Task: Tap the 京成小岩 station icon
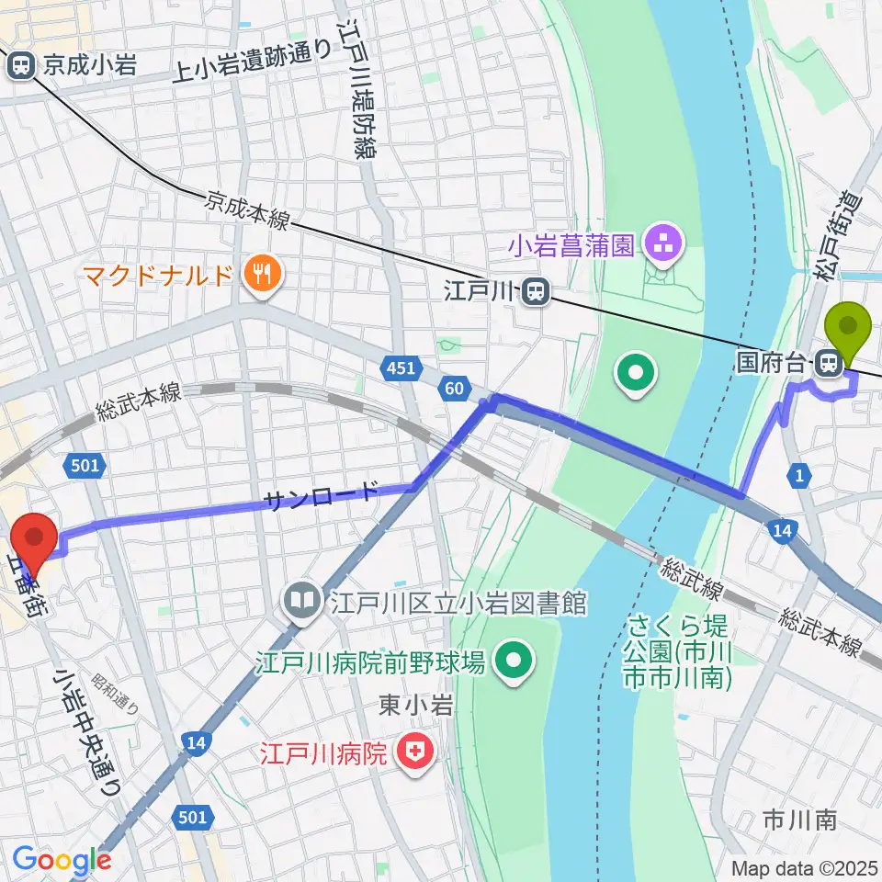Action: pyautogui.click(x=20, y=65)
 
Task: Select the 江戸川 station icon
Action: pyautogui.click(x=536, y=293)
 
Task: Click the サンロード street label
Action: pyautogui.click(x=320, y=497)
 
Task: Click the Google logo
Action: pyautogui.click(x=61, y=861)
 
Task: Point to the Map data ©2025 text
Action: pyautogui.click(x=804, y=867)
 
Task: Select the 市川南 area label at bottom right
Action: pyautogui.click(x=799, y=820)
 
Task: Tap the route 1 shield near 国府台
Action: pyautogui.click(x=800, y=474)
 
